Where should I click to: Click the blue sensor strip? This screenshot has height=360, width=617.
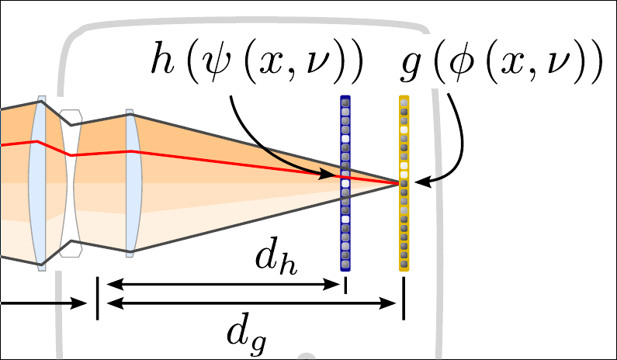click(346, 182)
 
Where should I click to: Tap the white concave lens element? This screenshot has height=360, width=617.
click(70, 184)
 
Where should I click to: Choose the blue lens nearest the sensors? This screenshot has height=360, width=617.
click(131, 182)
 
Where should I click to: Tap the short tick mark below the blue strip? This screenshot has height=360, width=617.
click(346, 286)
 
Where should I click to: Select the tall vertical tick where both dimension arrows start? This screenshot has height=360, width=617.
click(98, 298)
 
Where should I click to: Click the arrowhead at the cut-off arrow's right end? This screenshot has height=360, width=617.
click(78, 303)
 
